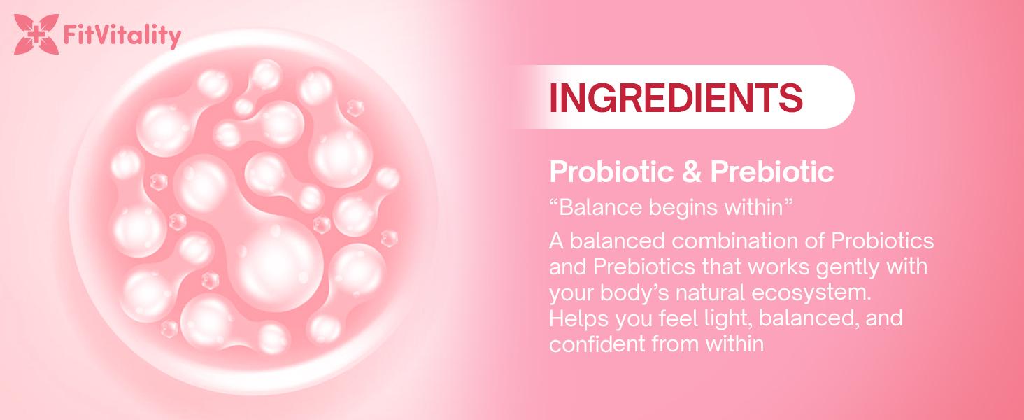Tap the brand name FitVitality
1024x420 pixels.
point(121,35)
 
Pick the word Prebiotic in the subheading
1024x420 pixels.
point(771,172)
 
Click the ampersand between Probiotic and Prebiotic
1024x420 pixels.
point(690,172)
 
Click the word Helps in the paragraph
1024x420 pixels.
point(574,318)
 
